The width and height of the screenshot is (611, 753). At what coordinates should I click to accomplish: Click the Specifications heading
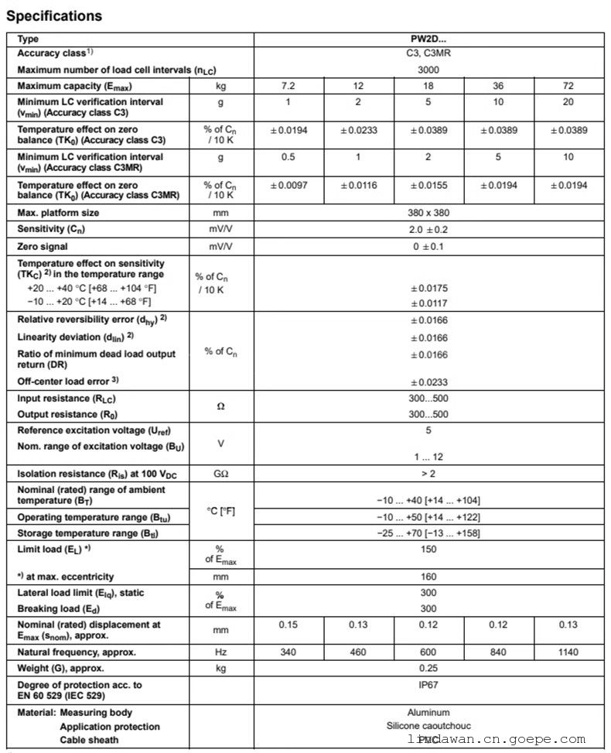pos(54,15)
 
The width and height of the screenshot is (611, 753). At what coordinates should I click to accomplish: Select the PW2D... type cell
pos(428,39)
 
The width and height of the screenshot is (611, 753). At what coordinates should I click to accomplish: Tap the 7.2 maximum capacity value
pos(288,85)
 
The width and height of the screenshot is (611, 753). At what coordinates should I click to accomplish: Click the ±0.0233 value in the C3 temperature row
pos(358,130)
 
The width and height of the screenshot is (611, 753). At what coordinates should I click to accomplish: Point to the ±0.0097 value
pos(288,186)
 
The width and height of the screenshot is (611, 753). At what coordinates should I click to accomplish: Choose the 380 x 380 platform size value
pos(428,213)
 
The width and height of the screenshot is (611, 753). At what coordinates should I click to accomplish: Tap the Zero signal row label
pos(43,247)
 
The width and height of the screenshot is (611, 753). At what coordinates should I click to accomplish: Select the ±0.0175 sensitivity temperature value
pos(428,289)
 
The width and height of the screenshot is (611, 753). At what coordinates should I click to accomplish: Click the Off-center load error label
pos(67,382)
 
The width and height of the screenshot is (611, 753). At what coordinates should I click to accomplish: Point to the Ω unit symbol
pos(221,406)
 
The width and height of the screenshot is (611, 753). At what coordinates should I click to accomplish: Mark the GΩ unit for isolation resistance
pos(221,474)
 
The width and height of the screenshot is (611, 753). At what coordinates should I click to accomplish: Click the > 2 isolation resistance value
pos(428,474)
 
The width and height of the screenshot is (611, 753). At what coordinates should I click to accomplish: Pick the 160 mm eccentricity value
pos(428,577)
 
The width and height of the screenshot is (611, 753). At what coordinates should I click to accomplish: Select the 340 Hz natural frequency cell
pos(288,652)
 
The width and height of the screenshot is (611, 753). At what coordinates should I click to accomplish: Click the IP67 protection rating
pos(428,685)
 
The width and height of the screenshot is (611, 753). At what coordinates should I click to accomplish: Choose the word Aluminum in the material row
pos(428,712)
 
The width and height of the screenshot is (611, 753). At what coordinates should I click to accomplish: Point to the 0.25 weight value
pos(428,668)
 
